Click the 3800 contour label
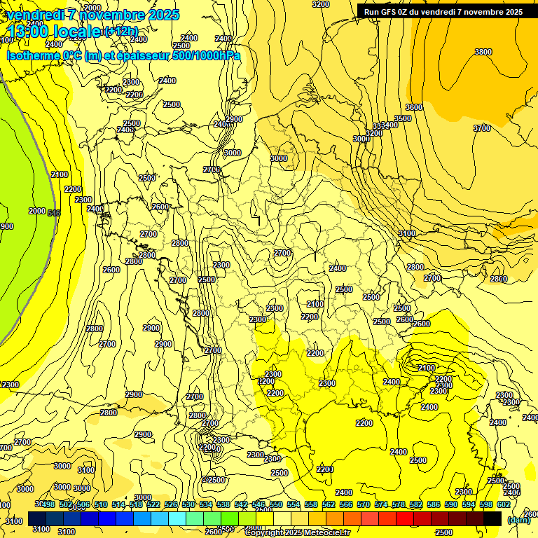pos(483,52)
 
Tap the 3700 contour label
pos(481,128)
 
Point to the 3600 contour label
pos(413,107)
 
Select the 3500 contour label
pos(402,118)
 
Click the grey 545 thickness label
pos(54,212)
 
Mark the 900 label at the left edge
pos(6,226)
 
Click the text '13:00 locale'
pos(53,32)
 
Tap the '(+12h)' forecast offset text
pos(121,32)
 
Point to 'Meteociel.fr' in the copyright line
pos(326,533)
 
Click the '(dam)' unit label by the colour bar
pos(518,520)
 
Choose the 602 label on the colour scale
pos(503,505)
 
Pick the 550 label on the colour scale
pos(276,505)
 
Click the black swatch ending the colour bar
pos(492,518)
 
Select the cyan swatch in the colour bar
pos(177,518)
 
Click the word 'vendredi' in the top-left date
pos(36,15)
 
